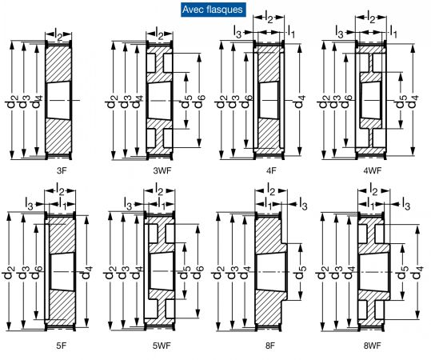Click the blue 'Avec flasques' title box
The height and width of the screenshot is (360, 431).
point(214,10)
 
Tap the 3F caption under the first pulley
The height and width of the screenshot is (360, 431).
point(62,170)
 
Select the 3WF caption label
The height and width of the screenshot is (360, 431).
point(162,170)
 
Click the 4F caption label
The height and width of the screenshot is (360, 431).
point(271,170)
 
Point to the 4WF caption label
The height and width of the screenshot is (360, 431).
point(373,170)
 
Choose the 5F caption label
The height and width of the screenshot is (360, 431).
point(62,346)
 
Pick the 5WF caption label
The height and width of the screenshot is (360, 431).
point(162,346)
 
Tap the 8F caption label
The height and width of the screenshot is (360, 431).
point(270,346)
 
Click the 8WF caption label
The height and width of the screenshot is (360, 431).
point(372,346)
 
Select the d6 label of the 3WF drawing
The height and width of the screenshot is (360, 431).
point(199,101)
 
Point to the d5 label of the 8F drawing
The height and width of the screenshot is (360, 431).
point(300,272)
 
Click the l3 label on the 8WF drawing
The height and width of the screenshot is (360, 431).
point(405,204)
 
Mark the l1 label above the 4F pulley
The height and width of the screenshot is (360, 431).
point(291,32)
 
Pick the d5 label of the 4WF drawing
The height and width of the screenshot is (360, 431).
point(400,102)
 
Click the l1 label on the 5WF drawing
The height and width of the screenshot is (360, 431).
point(162,203)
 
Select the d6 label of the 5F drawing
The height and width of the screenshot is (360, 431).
point(36,272)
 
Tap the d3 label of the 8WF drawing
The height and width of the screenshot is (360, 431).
point(336,272)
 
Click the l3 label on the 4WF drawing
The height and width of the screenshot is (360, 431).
point(340,33)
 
